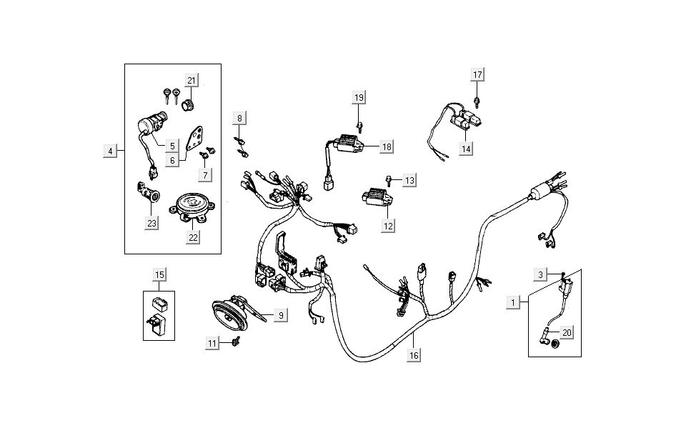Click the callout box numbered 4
[x=110, y=151]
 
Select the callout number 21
[x=192, y=79]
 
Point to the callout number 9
[x=281, y=315]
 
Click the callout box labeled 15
[x=159, y=274]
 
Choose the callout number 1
[x=512, y=302]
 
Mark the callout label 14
[x=466, y=149]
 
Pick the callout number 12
[x=388, y=227]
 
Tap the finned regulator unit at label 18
[x=346, y=144]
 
